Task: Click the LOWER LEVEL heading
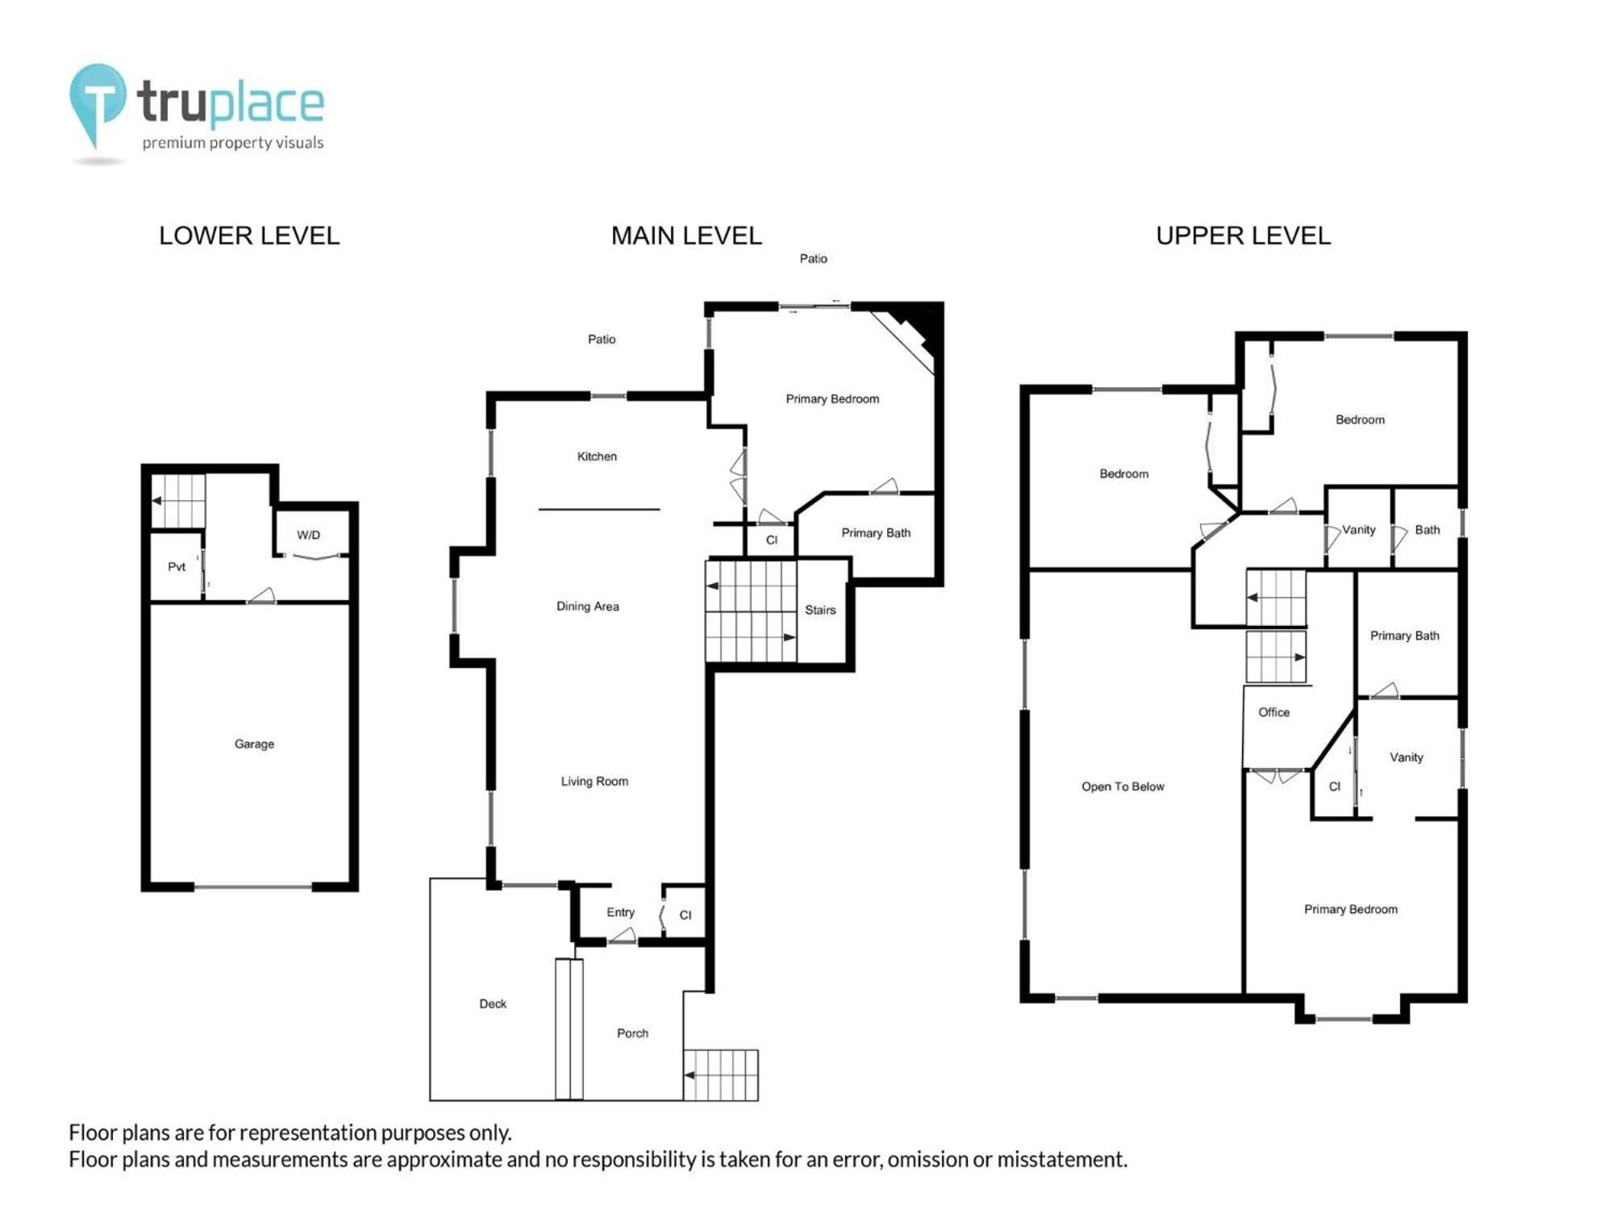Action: coord(249,236)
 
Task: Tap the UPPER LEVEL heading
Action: coord(1243,236)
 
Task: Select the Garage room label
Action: coord(254,744)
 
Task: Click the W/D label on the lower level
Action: coord(308,535)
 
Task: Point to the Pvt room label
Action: coord(177,566)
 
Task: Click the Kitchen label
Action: coord(597,457)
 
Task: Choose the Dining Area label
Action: coord(588,607)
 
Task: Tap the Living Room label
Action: coord(594,781)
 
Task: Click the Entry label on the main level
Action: coord(620,912)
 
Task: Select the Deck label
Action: coord(493,1003)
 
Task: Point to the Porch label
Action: coord(632,1033)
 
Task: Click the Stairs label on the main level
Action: coord(820,610)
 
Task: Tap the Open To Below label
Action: coord(1123,786)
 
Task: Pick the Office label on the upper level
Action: coord(1273,712)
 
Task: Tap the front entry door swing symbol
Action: coord(622,936)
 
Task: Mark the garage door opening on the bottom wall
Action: coord(253,887)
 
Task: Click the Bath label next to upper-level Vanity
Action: coord(1427,530)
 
